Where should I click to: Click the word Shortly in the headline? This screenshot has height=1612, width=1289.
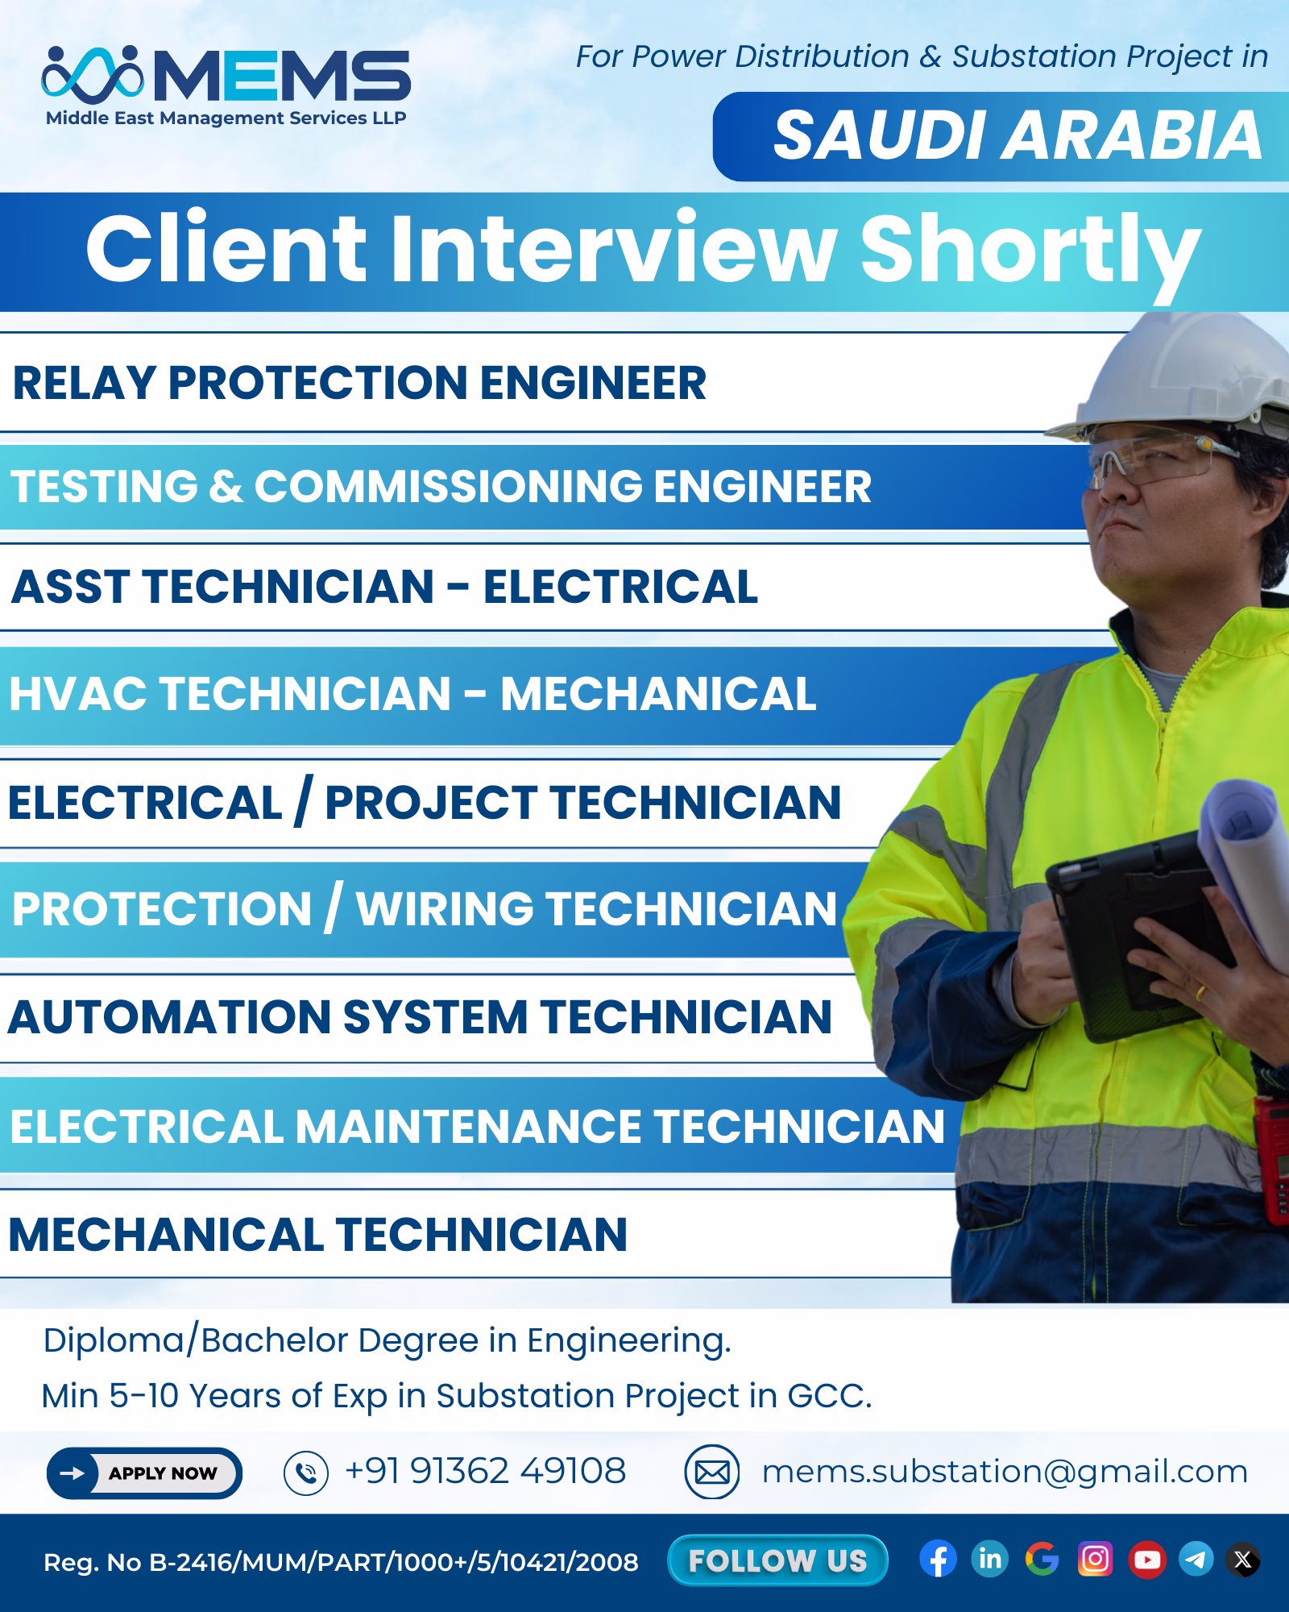[x=1031, y=251]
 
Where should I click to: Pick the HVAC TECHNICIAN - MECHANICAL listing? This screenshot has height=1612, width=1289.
[x=412, y=693]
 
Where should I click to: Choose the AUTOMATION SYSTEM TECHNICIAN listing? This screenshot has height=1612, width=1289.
[x=420, y=1016]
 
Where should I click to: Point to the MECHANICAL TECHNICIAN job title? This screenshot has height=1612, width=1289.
[x=317, y=1234]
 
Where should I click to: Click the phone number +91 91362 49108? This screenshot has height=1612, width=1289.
[x=485, y=1471]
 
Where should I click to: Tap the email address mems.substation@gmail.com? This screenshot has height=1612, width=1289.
[x=1005, y=1472]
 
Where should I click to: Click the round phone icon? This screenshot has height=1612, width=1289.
[x=306, y=1473]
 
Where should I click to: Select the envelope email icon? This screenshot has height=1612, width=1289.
[x=712, y=1473]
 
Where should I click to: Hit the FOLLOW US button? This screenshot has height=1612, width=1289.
[x=777, y=1561]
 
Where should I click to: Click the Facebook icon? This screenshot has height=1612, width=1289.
[x=938, y=1560]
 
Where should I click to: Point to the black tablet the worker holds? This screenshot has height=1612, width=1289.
[x=1144, y=935]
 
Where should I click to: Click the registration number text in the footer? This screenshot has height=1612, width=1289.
[x=341, y=1563]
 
